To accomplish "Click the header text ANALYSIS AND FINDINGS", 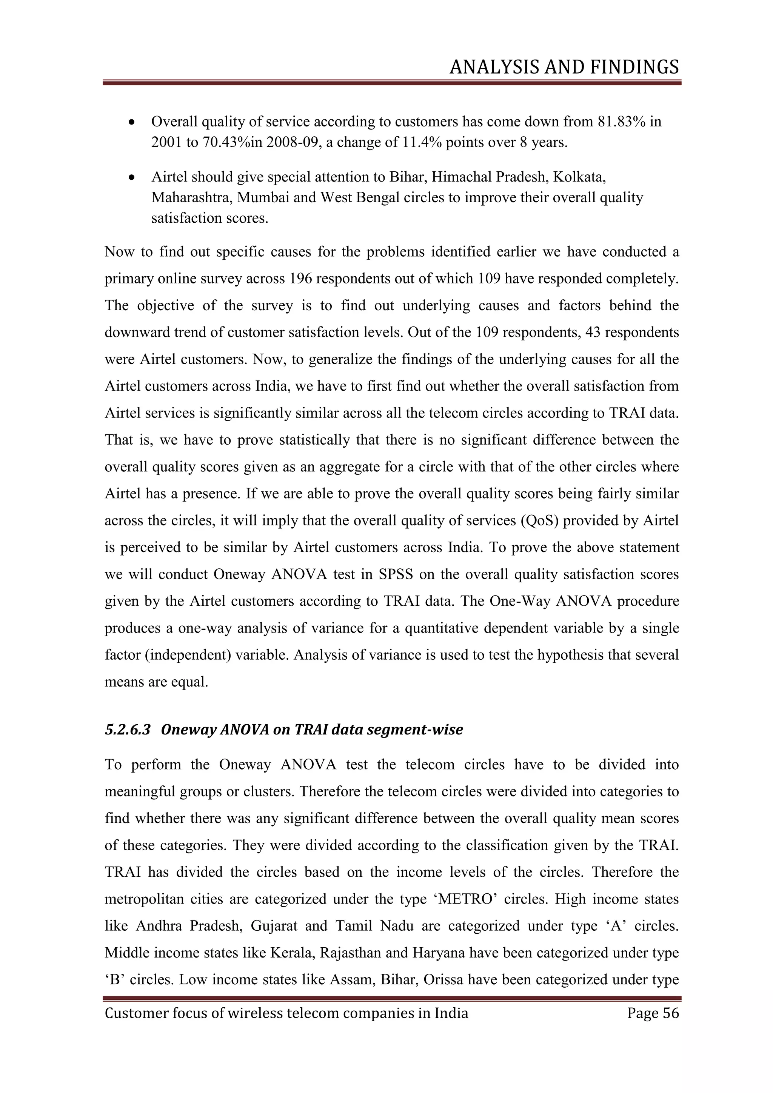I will [x=564, y=67].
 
